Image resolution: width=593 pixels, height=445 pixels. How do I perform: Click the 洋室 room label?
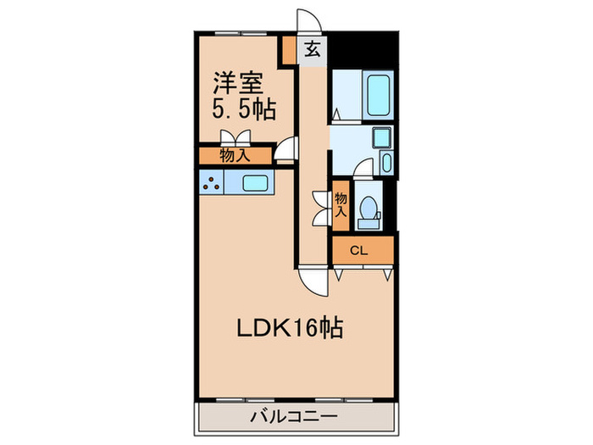pos(236,82)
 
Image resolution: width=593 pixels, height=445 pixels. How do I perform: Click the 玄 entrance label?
pos(313,49)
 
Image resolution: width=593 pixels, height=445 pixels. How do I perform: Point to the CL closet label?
pos(359,250)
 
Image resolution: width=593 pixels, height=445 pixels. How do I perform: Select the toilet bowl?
pos(369,209)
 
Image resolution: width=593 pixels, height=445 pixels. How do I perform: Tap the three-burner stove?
pos(212,182)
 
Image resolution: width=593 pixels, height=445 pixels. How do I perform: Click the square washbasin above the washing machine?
pos(380,137)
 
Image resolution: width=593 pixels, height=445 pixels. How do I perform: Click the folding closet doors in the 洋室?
pos(235,138)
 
